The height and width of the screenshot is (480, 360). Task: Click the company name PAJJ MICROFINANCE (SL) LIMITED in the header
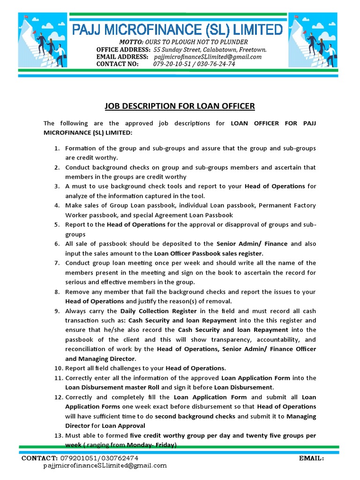coord(177,30)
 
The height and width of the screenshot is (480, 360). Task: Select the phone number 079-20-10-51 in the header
coord(172,64)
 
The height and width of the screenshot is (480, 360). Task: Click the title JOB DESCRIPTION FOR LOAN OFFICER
coord(180,106)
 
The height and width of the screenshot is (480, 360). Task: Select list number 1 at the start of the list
coord(56,148)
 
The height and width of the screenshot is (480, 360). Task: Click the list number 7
coord(56,263)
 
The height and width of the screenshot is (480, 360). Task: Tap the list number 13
coord(58,435)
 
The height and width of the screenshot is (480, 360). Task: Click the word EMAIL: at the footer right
coord(311,458)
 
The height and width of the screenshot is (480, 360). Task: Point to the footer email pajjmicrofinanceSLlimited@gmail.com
coord(105,465)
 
